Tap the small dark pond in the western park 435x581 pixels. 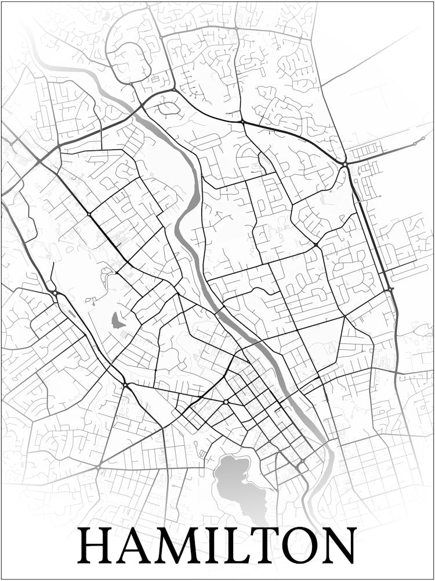tap(117, 320)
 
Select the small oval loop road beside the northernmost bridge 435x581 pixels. tap(169, 107)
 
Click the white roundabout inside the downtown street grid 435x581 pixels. tap(225, 401)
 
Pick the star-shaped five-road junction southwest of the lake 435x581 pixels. tap(99, 466)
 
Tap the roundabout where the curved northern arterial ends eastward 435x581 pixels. tap(345, 164)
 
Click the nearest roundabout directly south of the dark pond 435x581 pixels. tap(125, 385)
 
